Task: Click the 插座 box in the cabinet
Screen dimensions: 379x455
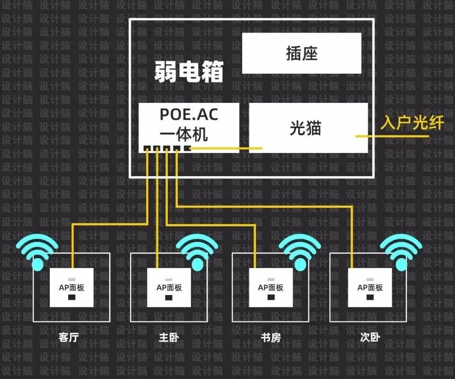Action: coord(302,53)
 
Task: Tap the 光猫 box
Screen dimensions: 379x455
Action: coord(308,128)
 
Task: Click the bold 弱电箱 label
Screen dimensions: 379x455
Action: coord(188,72)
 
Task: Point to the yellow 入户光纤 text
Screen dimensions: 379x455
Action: coord(412,124)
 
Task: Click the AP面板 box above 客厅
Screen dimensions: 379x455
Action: coord(72,288)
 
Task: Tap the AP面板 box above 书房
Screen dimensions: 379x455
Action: coord(271,288)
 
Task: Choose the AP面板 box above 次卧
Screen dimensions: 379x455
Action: coord(370,288)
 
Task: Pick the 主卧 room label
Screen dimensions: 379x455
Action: coord(169,338)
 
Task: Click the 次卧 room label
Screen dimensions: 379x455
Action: coord(370,338)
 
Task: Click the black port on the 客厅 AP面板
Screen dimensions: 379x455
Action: coord(72,298)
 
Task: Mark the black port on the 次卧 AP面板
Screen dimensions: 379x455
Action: coord(370,298)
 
